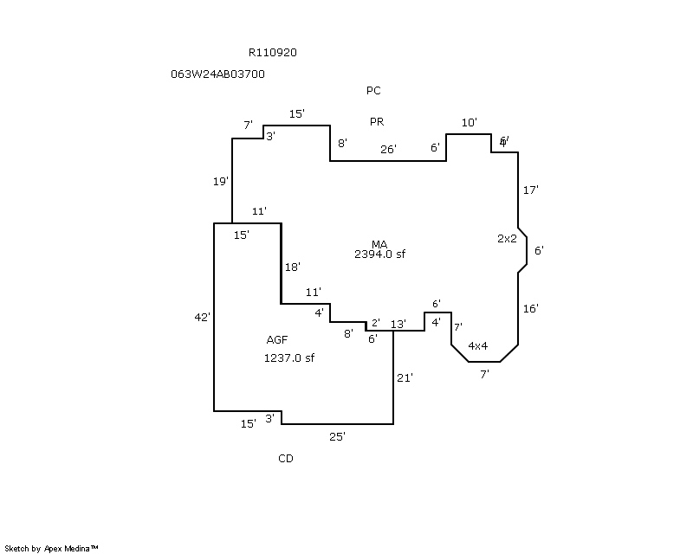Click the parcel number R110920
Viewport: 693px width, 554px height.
273,53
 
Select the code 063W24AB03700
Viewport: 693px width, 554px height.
218,74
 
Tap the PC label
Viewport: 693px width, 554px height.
373,91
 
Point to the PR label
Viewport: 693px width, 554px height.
377,122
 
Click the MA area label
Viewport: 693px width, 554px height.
379,244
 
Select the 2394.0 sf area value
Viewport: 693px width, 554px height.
379,254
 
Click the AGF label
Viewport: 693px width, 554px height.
277,340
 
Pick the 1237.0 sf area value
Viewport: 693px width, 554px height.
288,358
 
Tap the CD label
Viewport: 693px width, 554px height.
286,459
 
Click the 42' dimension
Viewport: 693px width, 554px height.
202,318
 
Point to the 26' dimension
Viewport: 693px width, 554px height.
388,150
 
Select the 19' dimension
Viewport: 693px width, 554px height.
221,182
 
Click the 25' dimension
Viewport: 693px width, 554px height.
338,437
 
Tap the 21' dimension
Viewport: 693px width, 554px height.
405,377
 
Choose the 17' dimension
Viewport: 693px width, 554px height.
531,190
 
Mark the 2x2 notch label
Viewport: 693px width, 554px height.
507,238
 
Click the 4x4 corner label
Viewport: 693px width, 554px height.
477,346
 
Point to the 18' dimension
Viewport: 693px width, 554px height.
292,267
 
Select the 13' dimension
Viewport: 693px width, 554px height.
398,325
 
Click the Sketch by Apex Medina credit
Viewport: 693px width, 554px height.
52,548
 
